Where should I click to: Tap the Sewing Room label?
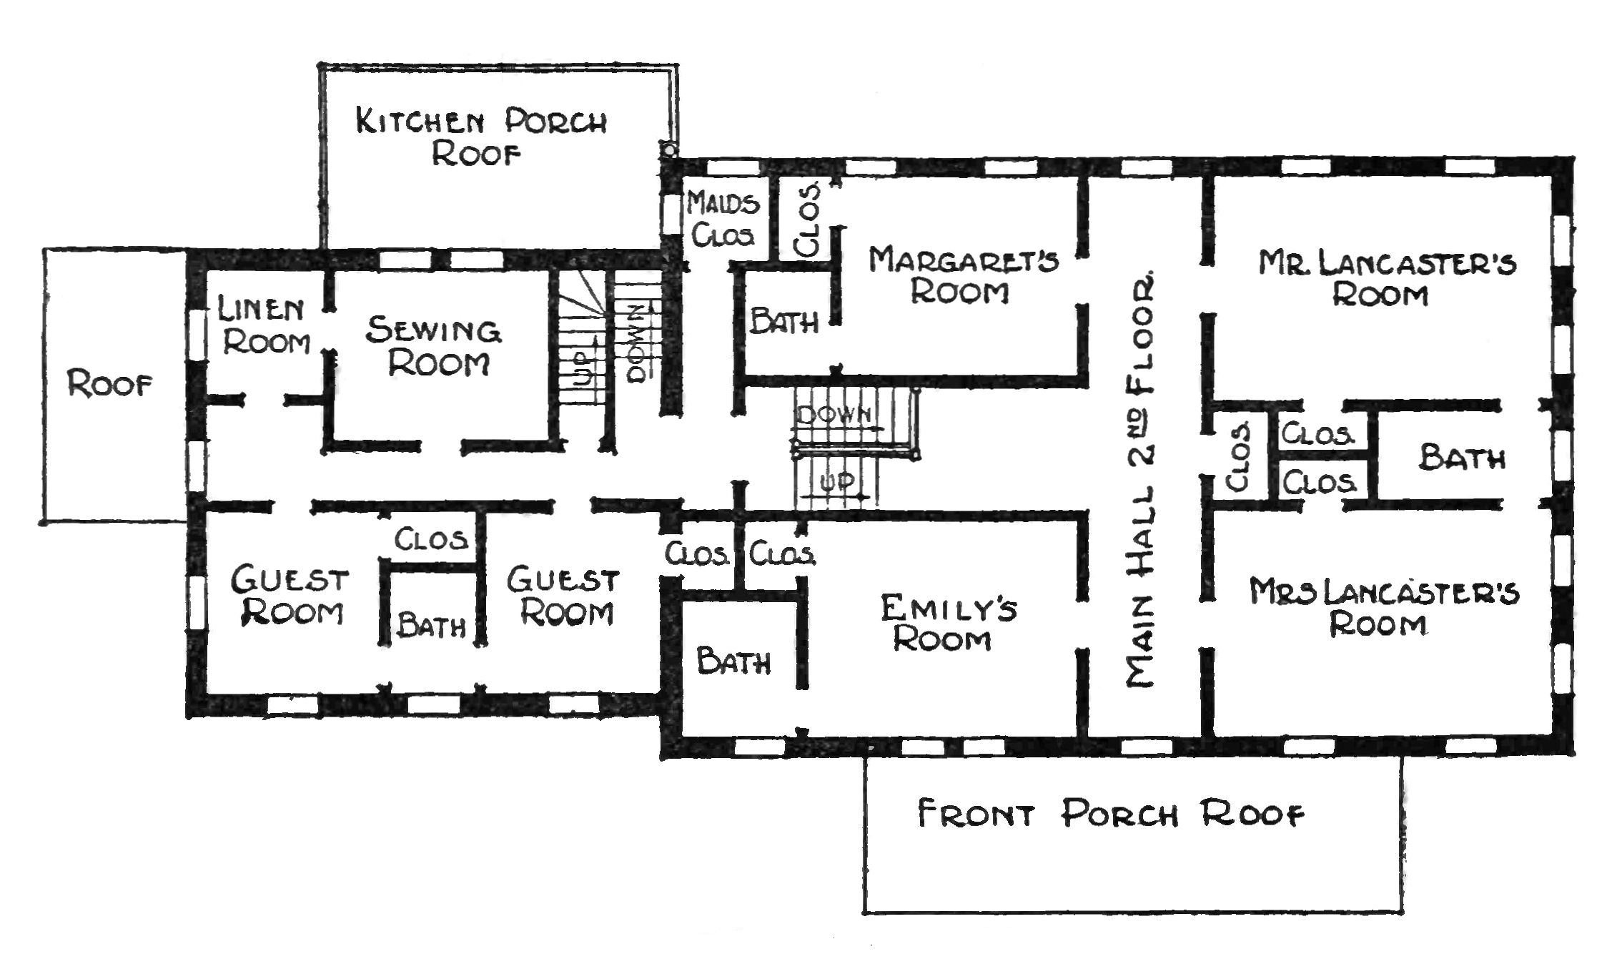click(x=435, y=347)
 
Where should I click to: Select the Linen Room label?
click(x=264, y=326)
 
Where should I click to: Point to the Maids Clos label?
click(x=723, y=219)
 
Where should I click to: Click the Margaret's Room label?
click(x=963, y=275)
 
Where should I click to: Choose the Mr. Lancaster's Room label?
click(x=1387, y=279)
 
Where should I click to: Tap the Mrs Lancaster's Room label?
click(x=1384, y=608)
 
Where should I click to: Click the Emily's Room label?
click(x=948, y=624)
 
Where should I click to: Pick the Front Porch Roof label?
click(x=1111, y=814)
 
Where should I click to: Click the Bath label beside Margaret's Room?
click(x=784, y=322)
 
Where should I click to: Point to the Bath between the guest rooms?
click(x=432, y=626)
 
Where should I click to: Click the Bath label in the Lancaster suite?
click(x=1462, y=458)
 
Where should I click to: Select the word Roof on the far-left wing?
click(x=110, y=385)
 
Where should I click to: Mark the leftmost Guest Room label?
click(x=289, y=596)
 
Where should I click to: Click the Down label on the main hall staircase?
click(x=834, y=414)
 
